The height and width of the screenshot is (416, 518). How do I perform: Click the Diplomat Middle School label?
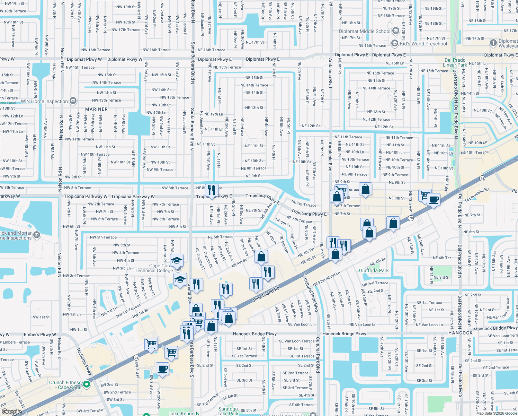coord(365,31)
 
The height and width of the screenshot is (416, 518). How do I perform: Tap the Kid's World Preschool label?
coord(423,44)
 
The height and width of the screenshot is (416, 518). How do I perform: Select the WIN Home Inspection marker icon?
coord(73,101)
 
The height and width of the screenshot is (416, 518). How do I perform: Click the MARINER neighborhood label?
coord(96,109)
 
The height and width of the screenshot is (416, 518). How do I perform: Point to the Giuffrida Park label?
coord(374,270)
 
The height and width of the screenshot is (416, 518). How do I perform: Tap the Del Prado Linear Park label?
coord(455,62)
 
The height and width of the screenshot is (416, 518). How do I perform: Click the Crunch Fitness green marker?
coord(87,384)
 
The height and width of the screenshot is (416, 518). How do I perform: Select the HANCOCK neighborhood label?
coord(460,333)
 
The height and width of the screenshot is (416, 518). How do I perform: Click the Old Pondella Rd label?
coord(477,195)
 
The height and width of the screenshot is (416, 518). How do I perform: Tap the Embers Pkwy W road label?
coord(40,335)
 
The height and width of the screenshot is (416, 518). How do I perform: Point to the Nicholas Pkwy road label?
coord(84,362)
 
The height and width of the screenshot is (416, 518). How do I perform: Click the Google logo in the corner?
coord(11,412)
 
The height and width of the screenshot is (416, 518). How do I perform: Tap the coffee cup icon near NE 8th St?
coord(434,200)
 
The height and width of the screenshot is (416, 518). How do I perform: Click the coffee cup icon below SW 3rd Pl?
coord(162,369)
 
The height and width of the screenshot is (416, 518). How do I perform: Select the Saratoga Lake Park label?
coord(228,411)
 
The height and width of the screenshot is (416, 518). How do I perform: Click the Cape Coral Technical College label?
coord(154,268)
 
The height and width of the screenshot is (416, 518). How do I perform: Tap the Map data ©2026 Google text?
coord(496,413)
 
